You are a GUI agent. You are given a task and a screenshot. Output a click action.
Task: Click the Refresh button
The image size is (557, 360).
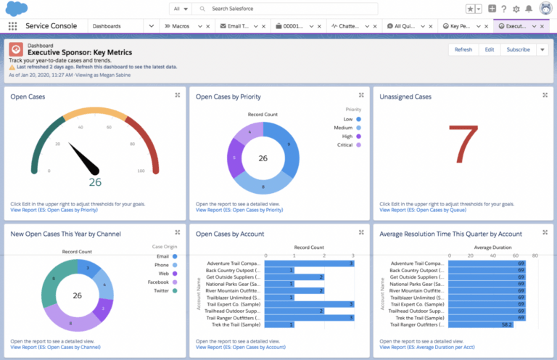coord(463,49)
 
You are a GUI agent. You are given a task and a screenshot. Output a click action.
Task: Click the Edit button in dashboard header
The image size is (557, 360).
coord(490,49)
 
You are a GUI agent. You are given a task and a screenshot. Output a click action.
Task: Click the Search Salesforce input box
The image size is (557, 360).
coord(290,9)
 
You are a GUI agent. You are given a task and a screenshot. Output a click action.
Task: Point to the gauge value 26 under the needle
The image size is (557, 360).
coord(95,182)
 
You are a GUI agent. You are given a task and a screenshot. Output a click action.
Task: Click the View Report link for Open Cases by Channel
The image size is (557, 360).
coord(55,348)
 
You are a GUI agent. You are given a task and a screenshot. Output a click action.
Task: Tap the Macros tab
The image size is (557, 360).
coord(181,25)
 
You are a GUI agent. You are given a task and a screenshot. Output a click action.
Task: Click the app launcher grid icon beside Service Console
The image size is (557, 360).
coord(12,25)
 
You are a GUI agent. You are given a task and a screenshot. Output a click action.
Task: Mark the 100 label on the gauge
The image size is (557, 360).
coord(141,171)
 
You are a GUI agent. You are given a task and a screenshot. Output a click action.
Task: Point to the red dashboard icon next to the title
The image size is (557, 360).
coord(16,49)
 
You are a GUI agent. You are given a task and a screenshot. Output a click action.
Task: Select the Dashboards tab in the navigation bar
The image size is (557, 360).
coord(107,25)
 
